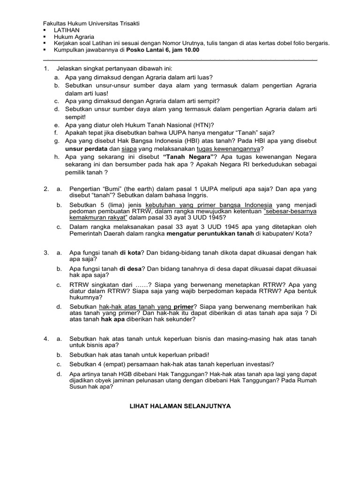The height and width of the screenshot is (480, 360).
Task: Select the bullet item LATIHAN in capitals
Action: pos(66,30)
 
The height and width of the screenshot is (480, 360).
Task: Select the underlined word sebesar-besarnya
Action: pos(290,211)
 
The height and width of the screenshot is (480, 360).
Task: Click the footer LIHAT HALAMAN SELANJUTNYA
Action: pos(180,407)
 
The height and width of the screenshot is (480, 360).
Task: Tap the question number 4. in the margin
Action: pos(46,338)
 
